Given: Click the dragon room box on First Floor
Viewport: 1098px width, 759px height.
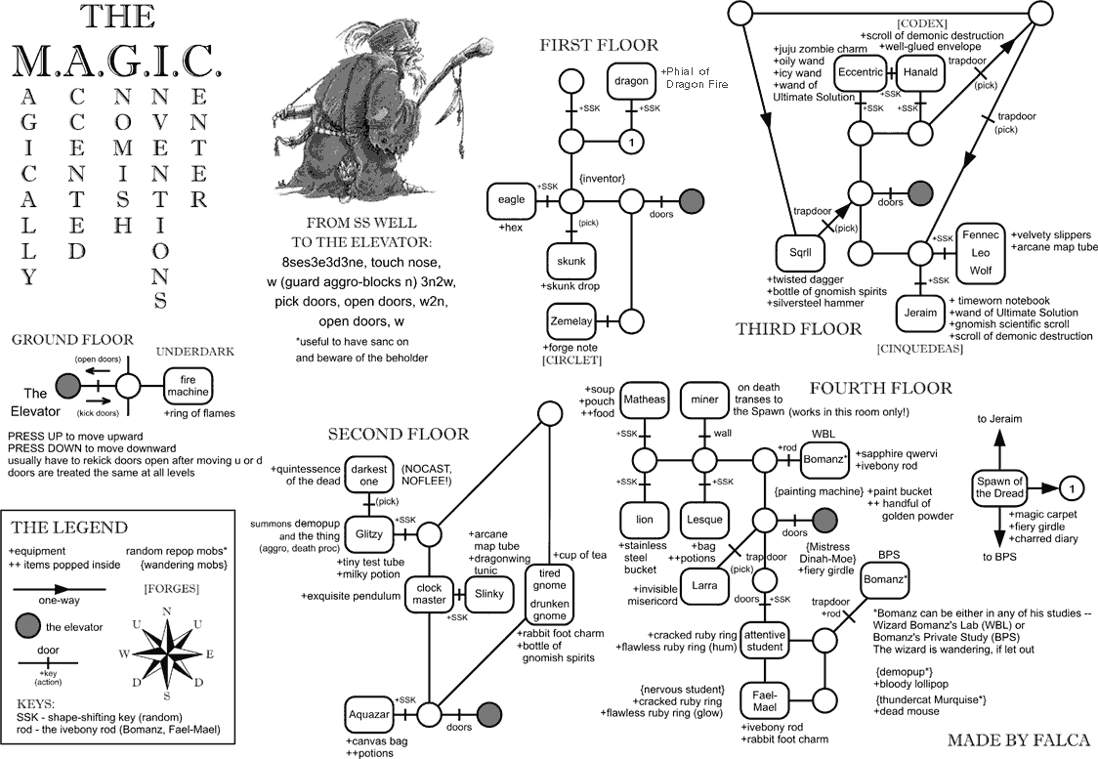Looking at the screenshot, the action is (632, 81).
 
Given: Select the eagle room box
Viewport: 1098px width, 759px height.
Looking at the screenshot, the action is (511, 201).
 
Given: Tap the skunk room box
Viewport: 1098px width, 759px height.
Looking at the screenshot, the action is (571, 261).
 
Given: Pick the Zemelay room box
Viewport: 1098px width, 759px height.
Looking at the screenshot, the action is (571, 321).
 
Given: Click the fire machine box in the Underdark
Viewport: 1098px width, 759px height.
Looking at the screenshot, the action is (188, 386).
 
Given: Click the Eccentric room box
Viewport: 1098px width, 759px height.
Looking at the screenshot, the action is (861, 72).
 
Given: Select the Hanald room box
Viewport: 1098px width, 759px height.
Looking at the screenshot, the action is (921, 72).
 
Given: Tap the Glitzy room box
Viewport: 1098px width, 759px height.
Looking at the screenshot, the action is (369, 534).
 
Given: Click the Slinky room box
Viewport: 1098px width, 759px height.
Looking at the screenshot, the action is (488, 594).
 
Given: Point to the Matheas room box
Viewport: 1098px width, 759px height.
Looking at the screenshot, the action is (644, 400).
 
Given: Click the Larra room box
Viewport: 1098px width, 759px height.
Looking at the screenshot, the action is (704, 585).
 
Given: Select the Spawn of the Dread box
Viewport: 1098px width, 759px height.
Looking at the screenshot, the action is (999, 488).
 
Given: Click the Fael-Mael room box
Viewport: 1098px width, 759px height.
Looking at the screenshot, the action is (765, 700).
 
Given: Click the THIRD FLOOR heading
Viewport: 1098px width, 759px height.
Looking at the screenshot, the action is (799, 329).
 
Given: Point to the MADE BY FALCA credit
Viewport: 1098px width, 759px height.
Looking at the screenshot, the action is (1019, 740).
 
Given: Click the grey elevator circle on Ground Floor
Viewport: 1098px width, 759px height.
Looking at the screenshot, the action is (68, 385).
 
